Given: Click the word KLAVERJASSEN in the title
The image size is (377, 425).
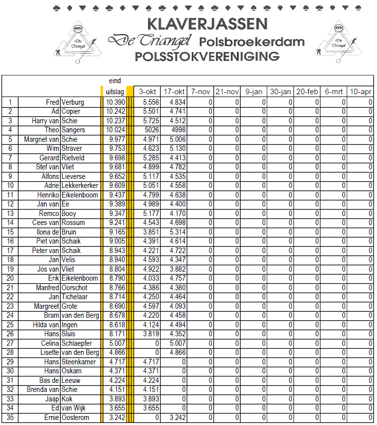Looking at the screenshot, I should tap(207, 24).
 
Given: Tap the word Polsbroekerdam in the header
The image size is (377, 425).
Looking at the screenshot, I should tap(252, 41).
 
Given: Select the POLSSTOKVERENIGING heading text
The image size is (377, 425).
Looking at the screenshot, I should tap(207, 56).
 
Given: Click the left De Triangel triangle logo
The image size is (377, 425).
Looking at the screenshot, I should tap(78, 43).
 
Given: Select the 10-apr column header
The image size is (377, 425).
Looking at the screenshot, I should tap(360, 92).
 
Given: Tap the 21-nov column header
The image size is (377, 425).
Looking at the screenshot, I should tap(227, 92).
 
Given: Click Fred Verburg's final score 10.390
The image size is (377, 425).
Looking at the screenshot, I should tap(115, 102).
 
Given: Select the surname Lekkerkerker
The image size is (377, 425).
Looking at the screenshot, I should tap(80, 185).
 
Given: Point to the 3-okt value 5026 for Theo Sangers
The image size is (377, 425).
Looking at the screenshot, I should tap(151, 130).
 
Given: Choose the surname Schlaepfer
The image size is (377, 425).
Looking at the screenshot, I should tap(77, 343).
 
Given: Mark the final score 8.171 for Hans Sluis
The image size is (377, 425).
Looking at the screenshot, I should tap(115, 334).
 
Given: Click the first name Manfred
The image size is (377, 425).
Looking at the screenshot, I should tap(48, 288).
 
